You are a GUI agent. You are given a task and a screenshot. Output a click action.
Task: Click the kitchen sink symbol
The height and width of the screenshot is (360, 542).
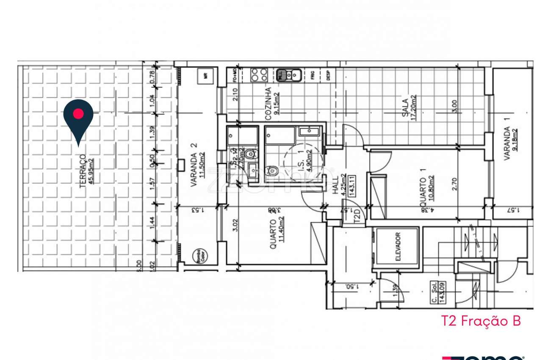tap(289, 75)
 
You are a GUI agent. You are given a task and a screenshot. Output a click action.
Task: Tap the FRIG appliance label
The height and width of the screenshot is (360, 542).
tap(312, 75)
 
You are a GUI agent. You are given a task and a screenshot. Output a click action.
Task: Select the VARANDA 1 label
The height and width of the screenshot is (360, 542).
tap(507, 144)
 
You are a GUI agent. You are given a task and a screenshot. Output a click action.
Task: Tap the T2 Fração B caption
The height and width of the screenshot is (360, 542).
tap(481, 321)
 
